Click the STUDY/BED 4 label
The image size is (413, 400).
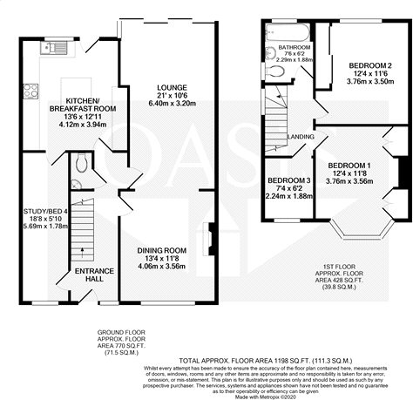coord(39,210)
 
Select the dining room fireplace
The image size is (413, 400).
coord(210,241)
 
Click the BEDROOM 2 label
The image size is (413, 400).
coord(369,66)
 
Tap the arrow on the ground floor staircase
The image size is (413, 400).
coord(84,254)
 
